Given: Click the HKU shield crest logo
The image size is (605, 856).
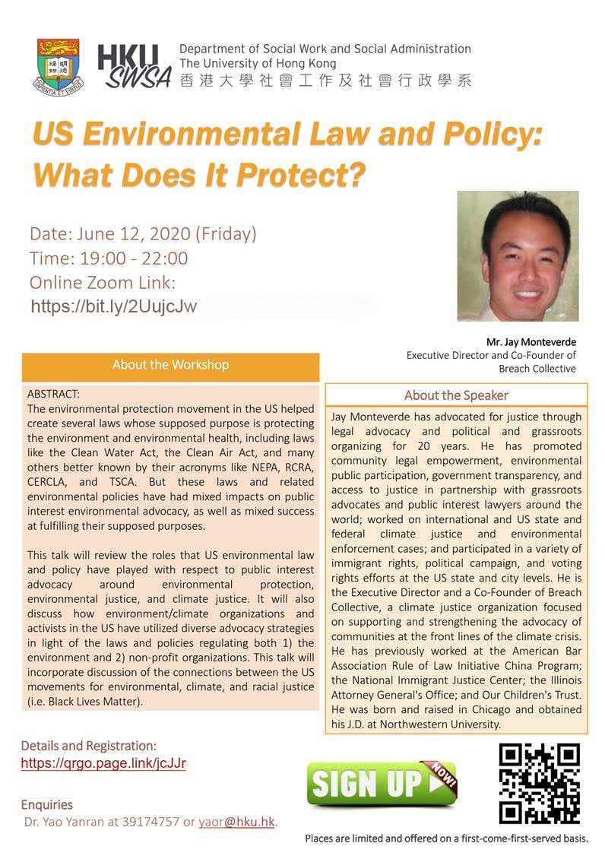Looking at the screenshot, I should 60,66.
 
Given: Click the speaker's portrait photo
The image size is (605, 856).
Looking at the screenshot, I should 518,255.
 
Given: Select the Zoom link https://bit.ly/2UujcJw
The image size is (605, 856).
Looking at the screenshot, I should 114,306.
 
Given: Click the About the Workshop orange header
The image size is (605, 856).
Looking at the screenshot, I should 170,365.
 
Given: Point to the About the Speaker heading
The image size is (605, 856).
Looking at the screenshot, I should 456,395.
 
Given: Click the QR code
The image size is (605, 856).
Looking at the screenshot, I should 540,783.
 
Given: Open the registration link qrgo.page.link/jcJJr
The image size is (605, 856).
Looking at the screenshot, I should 103,763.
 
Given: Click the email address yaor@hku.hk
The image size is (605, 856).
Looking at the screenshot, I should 236,822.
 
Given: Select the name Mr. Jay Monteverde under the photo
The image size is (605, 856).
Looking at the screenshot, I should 531,341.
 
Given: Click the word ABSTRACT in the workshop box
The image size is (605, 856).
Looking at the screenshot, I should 53,395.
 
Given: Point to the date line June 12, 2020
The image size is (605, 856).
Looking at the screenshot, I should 143,233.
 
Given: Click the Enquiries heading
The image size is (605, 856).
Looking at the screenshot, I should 47,804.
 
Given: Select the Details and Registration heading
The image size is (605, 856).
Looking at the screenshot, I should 89,746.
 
